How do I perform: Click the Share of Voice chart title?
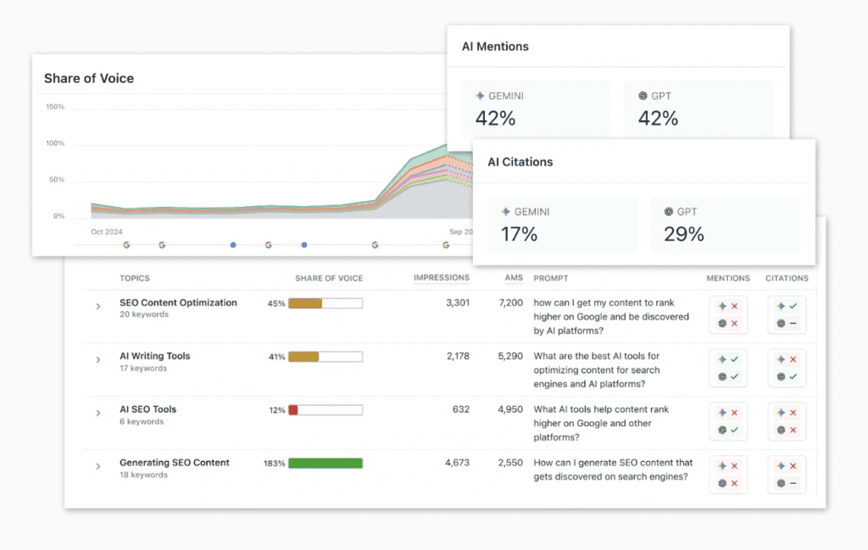pyautogui.click(x=89, y=78)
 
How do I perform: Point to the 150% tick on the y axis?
pyautogui.click(x=55, y=107)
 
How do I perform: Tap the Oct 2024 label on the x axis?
pyautogui.click(x=107, y=231)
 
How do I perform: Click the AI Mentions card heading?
pyautogui.click(x=495, y=47)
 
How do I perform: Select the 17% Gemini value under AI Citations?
pyautogui.click(x=519, y=234)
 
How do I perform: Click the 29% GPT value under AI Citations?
pyautogui.click(x=684, y=234)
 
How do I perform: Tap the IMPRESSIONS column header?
pyautogui.click(x=441, y=278)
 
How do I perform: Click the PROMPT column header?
pyautogui.click(x=551, y=278)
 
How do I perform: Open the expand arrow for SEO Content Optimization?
pyautogui.click(x=98, y=307)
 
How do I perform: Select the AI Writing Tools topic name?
pyautogui.click(x=155, y=356)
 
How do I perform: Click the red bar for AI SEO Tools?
pyautogui.click(x=293, y=410)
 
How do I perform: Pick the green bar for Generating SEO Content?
pyautogui.click(x=325, y=464)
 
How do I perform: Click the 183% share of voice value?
pyautogui.click(x=274, y=464)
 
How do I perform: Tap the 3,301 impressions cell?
pyautogui.click(x=457, y=303)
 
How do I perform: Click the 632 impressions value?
pyautogui.click(x=460, y=409)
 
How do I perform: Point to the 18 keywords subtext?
pyautogui.click(x=143, y=475)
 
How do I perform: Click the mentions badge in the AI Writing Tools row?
pyautogui.click(x=727, y=368)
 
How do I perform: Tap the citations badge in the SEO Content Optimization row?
pyautogui.click(x=787, y=314)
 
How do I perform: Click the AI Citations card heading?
pyautogui.click(x=520, y=162)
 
